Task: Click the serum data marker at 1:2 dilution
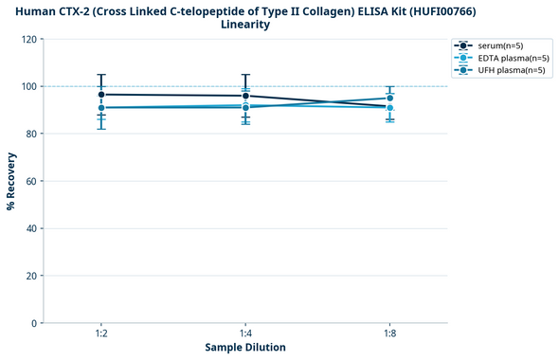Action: tap(101, 95)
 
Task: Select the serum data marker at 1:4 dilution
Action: tap(245, 96)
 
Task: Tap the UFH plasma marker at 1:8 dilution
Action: tap(389, 98)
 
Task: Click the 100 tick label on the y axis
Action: tap(30, 87)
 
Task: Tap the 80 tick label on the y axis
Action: tap(33, 135)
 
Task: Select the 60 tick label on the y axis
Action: tap(33, 182)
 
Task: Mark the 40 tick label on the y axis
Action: tap(33, 228)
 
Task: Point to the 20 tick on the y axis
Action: tap(33, 276)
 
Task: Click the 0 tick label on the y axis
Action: tap(36, 323)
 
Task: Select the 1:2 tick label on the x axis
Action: tap(101, 334)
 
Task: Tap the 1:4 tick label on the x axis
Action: tap(245, 334)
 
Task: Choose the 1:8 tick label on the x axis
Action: tap(389, 334)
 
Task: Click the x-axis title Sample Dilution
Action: tap(245, 348)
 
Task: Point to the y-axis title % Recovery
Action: tap(11, 181)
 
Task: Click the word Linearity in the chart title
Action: tap(245, 25)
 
